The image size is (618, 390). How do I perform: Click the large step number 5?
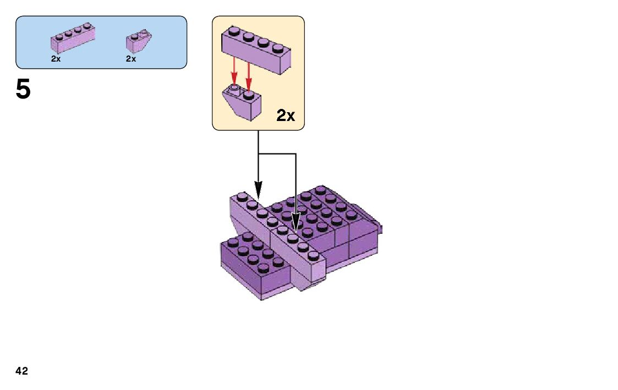point(23,90)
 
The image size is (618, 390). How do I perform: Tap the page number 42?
point(22,371)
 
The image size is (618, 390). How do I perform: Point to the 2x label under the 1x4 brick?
point(56,59)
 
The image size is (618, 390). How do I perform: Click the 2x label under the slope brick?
point(130,59)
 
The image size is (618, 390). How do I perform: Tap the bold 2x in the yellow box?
point(286,116)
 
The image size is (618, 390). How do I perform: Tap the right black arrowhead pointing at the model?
point(296,226)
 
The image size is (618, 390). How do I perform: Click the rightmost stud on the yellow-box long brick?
point(278,48)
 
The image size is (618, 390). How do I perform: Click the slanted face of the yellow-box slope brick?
point(237,107)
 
